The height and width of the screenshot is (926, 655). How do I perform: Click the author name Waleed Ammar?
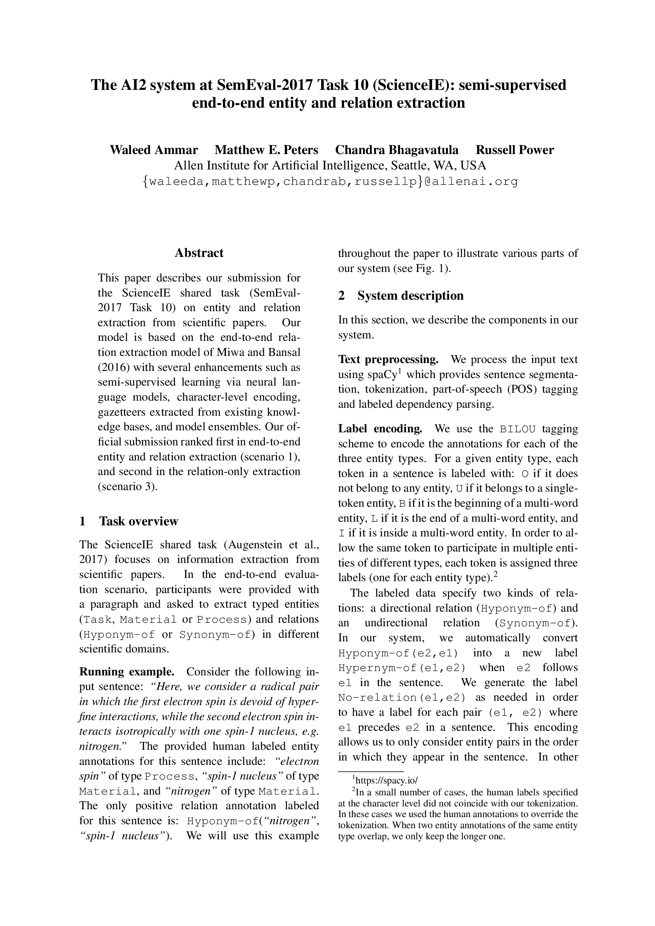point(154,150)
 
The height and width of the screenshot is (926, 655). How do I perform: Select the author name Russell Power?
point(515,150)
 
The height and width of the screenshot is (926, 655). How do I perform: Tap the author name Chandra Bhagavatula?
point(396,150)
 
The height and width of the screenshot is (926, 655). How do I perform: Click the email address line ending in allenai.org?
point(330,182)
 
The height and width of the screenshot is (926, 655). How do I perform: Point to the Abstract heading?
point(199,253)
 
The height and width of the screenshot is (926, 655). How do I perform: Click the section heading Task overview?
point(138,521)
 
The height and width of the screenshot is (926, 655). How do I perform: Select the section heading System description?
point(410,296)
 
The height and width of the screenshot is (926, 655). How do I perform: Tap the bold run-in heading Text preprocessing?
point(388,359)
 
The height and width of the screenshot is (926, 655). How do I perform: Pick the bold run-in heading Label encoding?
point(380,428)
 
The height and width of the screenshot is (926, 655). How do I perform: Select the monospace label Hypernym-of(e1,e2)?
point(402,667)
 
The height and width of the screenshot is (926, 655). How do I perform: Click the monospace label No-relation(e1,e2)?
point(402,697)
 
